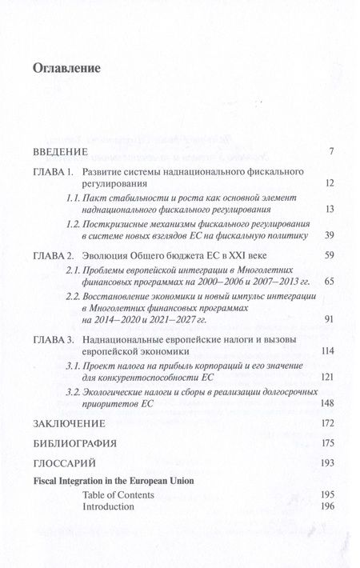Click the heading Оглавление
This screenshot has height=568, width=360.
tap(66, 68)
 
